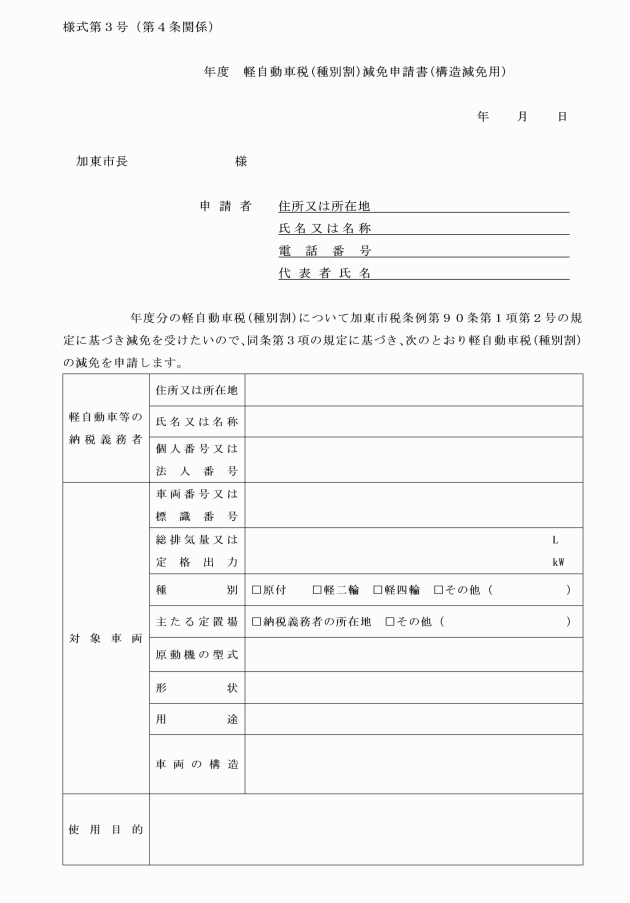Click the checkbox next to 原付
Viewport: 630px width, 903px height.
point(257,590)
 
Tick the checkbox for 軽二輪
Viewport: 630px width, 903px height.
point(317,590)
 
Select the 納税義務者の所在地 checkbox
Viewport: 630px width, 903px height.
point(257,622)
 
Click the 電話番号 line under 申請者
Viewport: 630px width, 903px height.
point(424,251)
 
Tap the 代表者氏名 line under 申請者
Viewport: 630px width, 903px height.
point(424,273)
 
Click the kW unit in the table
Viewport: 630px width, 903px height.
point(558,562)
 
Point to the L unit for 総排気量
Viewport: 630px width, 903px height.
point(555,540)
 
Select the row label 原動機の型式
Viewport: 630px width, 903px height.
point(196,655)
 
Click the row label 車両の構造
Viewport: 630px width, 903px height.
point(196,765)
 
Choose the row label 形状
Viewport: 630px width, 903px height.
point(196,688)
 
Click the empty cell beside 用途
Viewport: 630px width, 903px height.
point(413,720)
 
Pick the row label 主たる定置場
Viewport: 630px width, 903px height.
point(196,622)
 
